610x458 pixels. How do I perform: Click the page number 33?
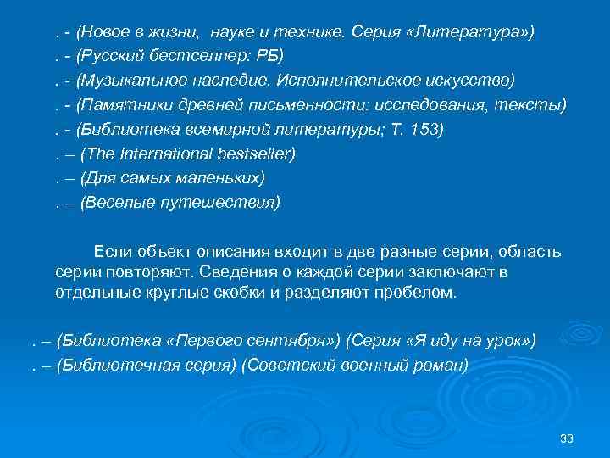pyautogui.click(x=568, y=437)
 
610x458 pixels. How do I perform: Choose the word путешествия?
pyautogui.click(x=225, y=203)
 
